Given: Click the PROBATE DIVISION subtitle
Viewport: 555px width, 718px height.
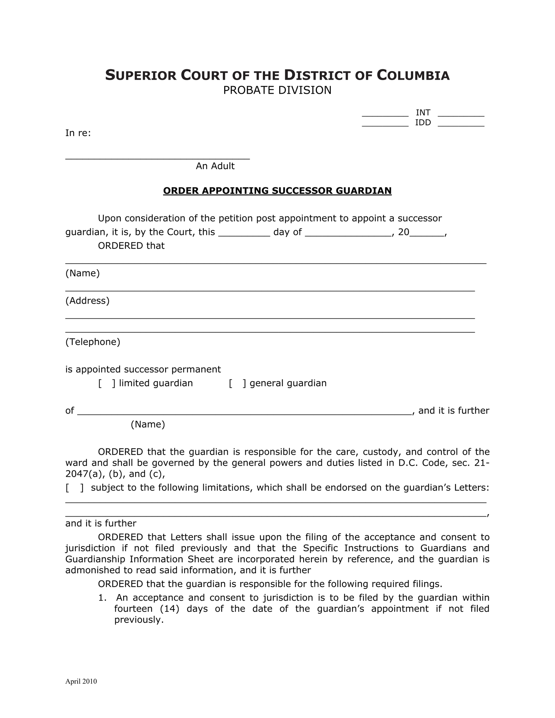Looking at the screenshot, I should (x=277, y=90).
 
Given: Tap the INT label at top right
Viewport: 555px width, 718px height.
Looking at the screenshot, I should (x=423, y=113).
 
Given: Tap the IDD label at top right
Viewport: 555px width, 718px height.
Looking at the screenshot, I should (x=423, y=123).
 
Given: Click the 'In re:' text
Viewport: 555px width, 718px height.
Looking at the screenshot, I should (x=78, y=133).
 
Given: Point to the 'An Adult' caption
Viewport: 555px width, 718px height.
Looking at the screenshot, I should (x=215, y=166).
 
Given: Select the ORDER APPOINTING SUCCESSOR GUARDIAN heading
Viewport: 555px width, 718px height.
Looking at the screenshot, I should (x=277, y=191).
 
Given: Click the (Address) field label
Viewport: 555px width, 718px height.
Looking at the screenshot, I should (x=87, y=301).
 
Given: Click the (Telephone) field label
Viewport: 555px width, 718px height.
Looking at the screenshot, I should (x=93, y=342).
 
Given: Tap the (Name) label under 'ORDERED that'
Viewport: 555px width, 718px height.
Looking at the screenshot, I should (x=82, y=274).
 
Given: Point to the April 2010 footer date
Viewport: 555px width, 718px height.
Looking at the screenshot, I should (x=81, y=681).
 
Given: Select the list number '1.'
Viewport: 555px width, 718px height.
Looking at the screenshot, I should (x=102, y=598).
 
